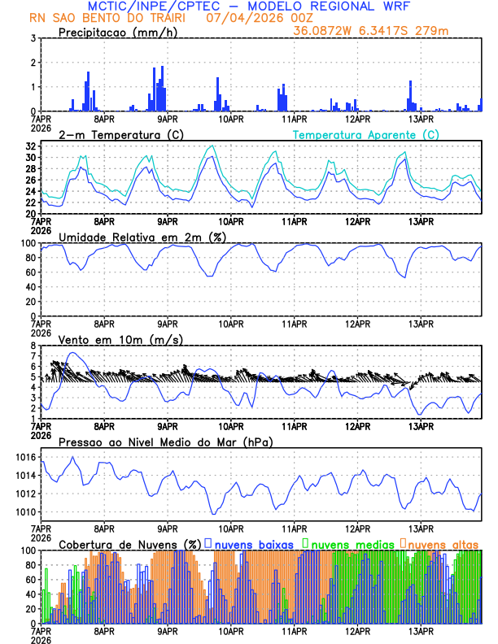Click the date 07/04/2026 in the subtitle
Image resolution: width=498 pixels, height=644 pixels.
point(237,18)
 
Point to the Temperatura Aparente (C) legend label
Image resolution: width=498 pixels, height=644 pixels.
point(365,134)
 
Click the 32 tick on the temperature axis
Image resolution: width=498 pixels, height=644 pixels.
point(29,146)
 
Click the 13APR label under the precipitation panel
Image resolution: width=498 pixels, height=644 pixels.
point(420,118)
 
